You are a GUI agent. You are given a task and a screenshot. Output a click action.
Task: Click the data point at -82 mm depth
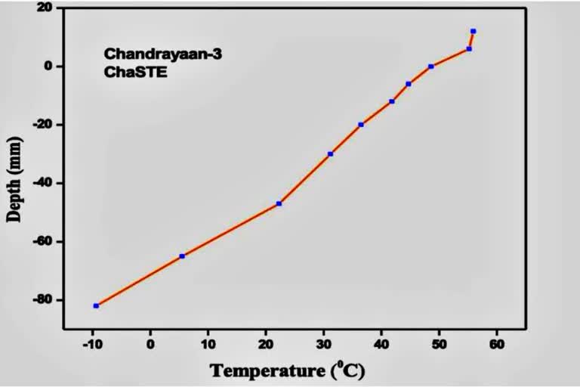tap(96, 305)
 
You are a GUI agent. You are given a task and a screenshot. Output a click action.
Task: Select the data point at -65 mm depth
tap(182, 256)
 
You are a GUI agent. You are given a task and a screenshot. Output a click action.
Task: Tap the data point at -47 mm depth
tap(279, 203)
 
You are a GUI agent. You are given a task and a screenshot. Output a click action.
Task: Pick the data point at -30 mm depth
tap(330, 153)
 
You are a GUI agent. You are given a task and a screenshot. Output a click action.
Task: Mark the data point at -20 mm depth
tap(361, 124)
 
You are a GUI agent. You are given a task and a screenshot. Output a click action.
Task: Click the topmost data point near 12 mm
tap(473, 31)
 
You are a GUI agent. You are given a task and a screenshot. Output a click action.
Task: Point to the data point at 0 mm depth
tap(430, 67)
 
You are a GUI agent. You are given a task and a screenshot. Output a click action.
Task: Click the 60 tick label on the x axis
tap(496, 345)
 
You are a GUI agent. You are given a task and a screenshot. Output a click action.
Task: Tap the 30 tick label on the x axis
tap(323, 345)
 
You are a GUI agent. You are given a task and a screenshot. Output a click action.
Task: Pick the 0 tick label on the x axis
tap(150, 345)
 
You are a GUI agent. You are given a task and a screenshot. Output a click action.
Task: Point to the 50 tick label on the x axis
tap(439, 345)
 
